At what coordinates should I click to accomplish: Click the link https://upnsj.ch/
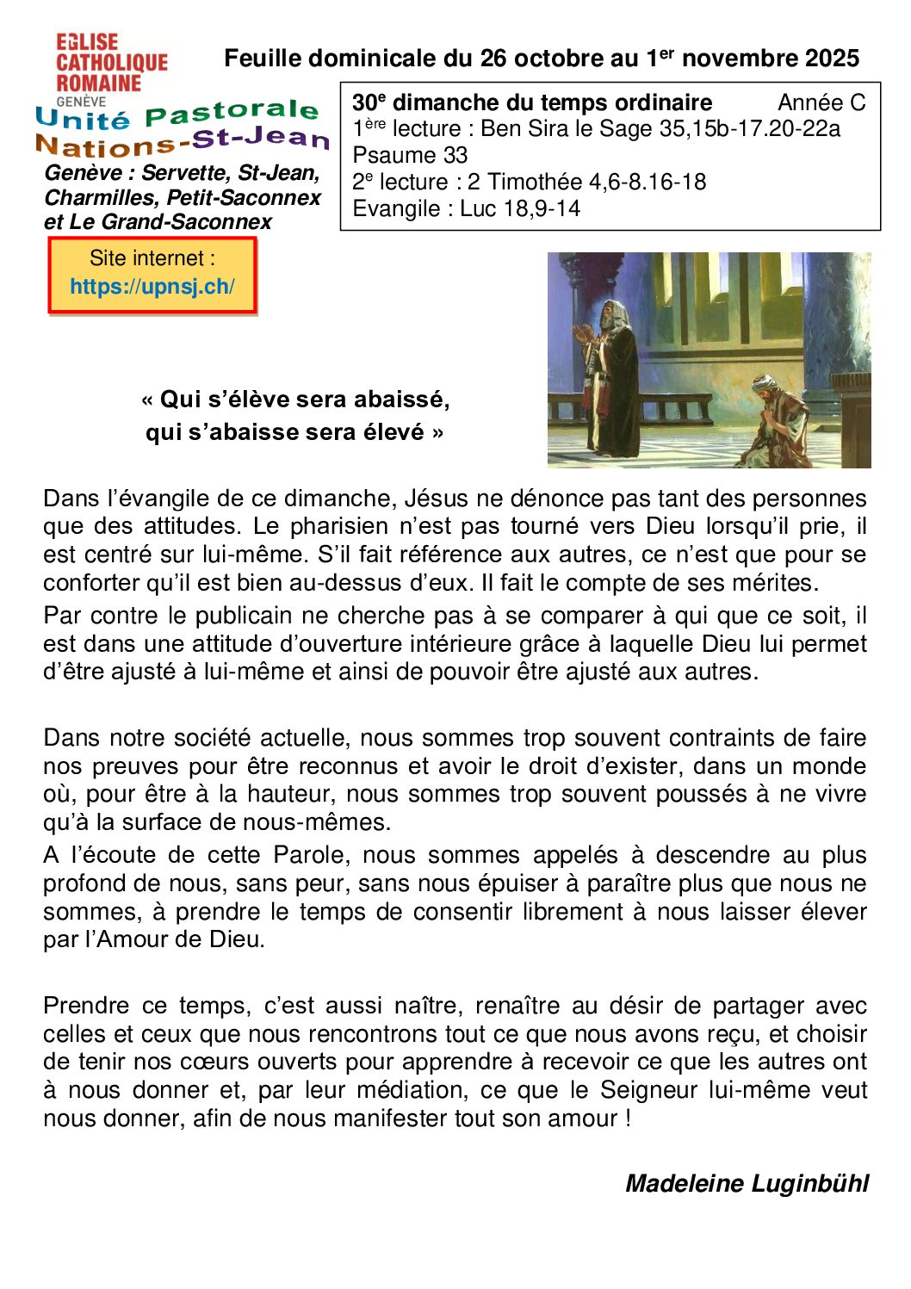pos(152,287)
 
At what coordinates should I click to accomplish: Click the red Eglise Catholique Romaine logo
pos(111,63)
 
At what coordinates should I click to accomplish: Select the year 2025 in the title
pos(832,59)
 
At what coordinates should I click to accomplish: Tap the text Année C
pos(821,103)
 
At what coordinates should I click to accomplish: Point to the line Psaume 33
pos(410,156)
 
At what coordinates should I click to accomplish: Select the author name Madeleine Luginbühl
pos(747,1184)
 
